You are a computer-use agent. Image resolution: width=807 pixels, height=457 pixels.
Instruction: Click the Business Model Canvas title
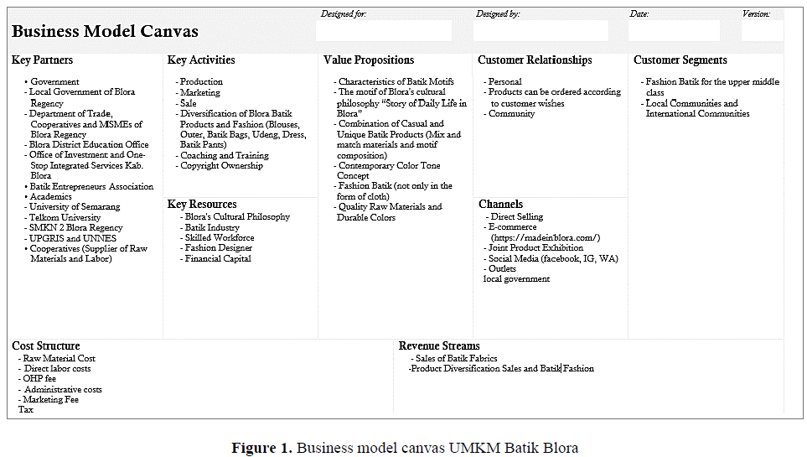pyautogui.click(x=105, y=32)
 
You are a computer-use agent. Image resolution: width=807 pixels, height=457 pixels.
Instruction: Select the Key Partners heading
pyautogui.click(x=42, y=60)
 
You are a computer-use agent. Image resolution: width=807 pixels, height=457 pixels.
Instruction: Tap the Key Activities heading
pyautogui.click(x=201, y=60)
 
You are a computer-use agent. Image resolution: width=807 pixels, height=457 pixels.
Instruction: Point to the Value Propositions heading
pyautogui.click(x=369, y=60)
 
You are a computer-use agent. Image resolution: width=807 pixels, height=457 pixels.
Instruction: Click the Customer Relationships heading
pyautogui.click(x=535, y=60)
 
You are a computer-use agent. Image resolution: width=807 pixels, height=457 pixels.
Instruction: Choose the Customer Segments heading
pyautogui.click(x=680, y=60)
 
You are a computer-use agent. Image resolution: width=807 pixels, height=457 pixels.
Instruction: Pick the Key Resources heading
pyautogui.click(x=202, y=205)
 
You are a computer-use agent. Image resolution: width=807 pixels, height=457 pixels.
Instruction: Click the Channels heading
pyautogui.click(x=500, y=205)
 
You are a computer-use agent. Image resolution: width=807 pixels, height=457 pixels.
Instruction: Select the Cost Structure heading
pyautogui.click(x=46, y=346)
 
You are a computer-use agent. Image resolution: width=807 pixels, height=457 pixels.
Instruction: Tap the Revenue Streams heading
pyautogui.click(x=439, y=346)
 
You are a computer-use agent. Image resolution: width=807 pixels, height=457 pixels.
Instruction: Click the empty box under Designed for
pyautogui.click(x=384, y=31)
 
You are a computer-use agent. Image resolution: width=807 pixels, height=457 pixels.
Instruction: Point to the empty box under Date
pyautogui.click(x=674, y=31)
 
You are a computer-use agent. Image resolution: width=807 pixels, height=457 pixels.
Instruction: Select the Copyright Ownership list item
pyautogui.click(x=221, y=166)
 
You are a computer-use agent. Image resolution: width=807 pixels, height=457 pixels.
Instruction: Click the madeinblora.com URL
pyautogui.click(x=546, y=237)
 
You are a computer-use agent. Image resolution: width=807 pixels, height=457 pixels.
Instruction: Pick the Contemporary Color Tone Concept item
pyautogui.click(x=389, y=170)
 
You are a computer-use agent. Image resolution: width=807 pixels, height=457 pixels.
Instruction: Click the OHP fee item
pyautogui.click(x=39, y=379)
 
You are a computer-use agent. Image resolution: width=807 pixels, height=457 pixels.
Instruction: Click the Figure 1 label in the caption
pyautogui.click(x=261, y=447)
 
